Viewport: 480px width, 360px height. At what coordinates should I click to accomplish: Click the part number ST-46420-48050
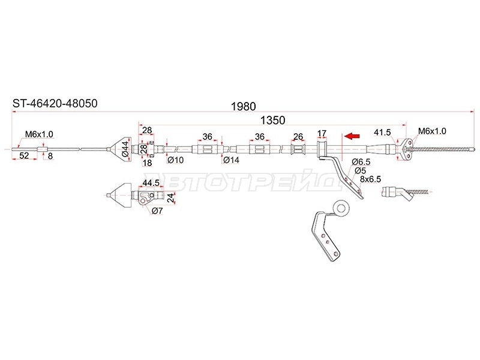[x=55, y=103]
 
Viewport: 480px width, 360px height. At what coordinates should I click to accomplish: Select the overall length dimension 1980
[x=243, y=107]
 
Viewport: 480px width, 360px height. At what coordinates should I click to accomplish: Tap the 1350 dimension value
[x=272, y=121]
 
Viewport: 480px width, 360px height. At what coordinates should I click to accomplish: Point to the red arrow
[x=352, y=136]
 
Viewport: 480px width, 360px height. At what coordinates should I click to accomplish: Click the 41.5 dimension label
[x=383, y=132]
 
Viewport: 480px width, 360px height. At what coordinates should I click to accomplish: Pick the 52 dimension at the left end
[x=24, y=155]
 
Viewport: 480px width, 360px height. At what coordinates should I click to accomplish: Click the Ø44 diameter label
[x=125, y=149]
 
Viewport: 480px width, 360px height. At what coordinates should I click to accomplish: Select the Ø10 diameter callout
[x=175, y=160]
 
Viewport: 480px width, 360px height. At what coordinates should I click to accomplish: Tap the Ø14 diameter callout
[x=231, y=160]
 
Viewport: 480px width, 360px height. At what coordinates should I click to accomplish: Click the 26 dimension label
[x=298, y=137]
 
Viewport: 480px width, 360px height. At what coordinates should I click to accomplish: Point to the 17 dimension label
[x=322, y=133]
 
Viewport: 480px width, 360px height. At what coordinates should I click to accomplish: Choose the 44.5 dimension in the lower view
[x=151, y=183]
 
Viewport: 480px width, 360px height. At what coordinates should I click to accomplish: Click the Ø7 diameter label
[x=157, y=211]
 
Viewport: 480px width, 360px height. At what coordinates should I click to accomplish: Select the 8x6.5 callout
[x=370, y=179]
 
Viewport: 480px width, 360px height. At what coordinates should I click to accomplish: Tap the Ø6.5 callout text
[x=361, y=161]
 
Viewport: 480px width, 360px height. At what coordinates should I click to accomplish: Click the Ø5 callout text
[x=361, y=170]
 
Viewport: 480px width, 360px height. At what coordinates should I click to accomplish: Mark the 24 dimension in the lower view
[x=172, y=197]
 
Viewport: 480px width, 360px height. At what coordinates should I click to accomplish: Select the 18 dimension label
[x=147, y=163]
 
